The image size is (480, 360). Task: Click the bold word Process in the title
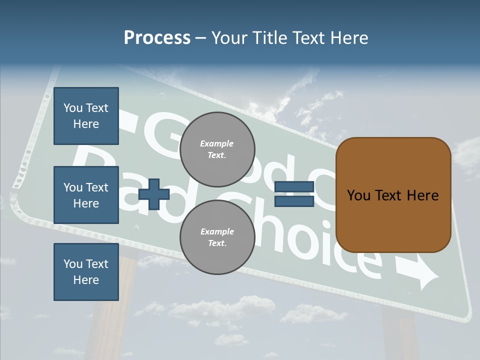157,37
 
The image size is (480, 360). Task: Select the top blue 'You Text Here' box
86,116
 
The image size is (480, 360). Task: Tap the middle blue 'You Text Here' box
86,195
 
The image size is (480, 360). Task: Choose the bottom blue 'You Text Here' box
86,272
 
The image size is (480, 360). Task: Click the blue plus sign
153,194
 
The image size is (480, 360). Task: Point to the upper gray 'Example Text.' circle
217,149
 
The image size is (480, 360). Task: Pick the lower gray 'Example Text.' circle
217,237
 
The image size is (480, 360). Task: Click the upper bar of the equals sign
294,187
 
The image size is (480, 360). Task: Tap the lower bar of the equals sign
294,201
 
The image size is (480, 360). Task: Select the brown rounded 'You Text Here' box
393,195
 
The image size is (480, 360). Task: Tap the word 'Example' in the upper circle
217,143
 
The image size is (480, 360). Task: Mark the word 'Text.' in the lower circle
217,243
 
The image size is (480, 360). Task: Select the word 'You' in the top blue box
73,108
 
